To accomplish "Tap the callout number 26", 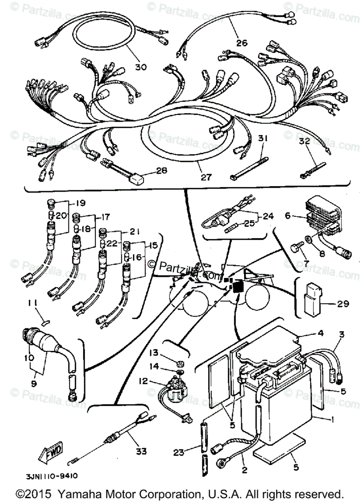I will point(242,43).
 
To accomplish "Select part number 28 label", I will point(161,171).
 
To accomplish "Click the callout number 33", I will point(141,451).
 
